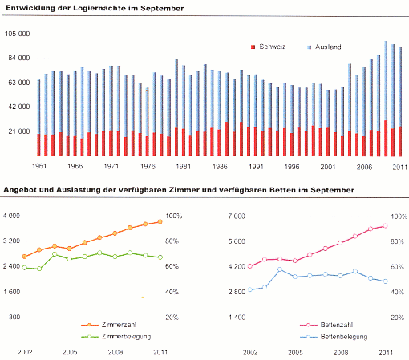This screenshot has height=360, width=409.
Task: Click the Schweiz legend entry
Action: (x=268, y=47)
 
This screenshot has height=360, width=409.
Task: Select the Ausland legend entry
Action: (x=324, y=47)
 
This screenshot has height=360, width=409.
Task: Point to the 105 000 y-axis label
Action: (x=18, y=34)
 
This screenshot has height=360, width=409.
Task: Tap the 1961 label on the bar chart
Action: (x=39, y=166)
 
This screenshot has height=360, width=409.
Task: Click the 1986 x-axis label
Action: (x=220, y=167)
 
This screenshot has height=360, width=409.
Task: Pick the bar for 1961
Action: (x=38, y=118)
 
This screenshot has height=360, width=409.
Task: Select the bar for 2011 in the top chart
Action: (x=400, y=102)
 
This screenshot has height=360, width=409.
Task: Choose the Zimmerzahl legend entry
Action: (x=109, y=325)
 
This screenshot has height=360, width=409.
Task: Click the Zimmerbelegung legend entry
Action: (x=116, y=337)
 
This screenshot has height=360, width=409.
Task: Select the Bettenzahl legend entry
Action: (x=326, y=325)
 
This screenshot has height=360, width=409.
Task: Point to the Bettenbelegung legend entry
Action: (x=334, y=337)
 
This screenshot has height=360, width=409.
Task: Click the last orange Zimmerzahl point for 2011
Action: (x=160, y=221)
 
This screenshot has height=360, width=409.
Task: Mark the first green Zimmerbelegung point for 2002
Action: (x=25, y=268)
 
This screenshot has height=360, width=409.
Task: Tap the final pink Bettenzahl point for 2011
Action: (x=386, y=226)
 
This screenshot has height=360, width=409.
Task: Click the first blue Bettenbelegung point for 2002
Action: (x=250, y=289)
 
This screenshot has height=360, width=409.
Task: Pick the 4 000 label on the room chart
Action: (x=11, y=216)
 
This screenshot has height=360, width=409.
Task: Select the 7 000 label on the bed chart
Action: (x=237, y=216)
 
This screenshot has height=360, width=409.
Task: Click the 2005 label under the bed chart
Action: (x=295, y=353)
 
